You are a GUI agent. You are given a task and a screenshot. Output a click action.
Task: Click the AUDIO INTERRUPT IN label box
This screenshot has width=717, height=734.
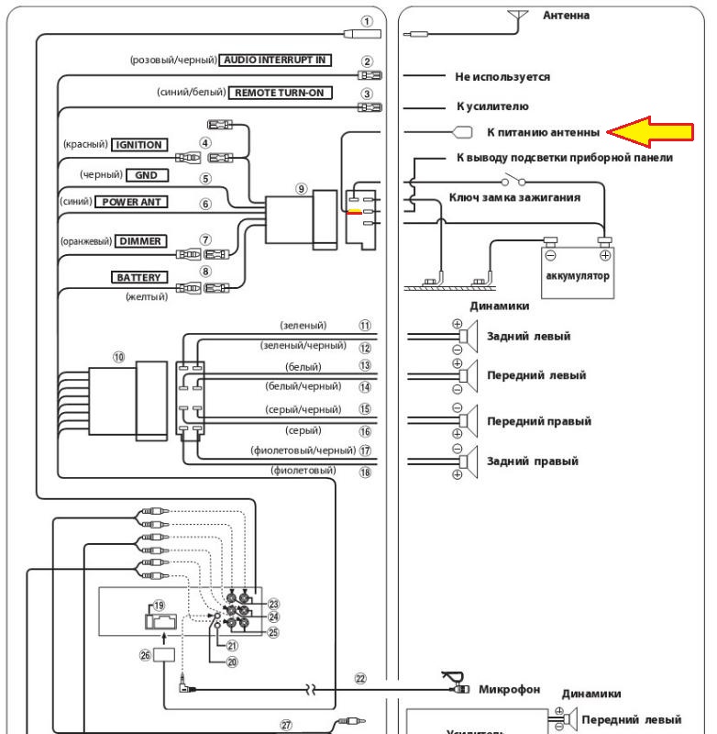[x=275, y=60]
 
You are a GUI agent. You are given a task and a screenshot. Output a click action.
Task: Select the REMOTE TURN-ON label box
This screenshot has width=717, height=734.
[x=279, y=93]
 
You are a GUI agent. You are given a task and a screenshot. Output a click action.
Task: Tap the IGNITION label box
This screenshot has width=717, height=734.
[x=138, y=144]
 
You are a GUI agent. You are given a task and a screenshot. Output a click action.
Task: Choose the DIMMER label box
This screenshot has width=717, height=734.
[x=138, y=240]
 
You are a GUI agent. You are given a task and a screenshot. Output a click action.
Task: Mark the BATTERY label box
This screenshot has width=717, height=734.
[x=138, y=276]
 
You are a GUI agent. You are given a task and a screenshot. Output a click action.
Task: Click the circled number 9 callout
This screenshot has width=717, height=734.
[x=302, y=188]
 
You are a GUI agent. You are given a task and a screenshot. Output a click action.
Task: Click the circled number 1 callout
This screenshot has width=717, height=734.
[x=367, y=20]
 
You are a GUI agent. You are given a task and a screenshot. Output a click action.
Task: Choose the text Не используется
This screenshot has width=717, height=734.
[x=502, y=76]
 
